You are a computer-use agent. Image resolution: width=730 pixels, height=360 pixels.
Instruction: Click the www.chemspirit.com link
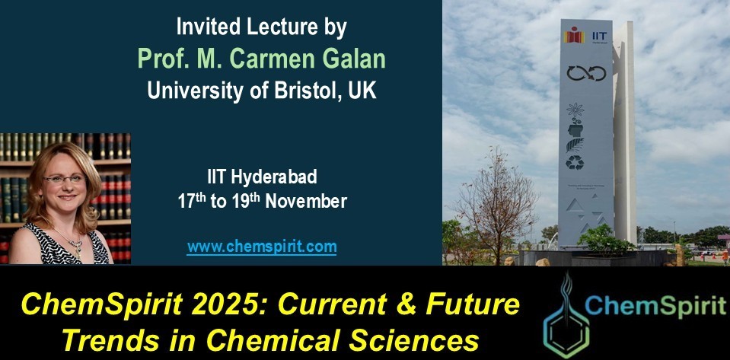(x=261, y=247)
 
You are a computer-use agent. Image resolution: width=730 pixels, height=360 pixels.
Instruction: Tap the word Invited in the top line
(x=205, y=27)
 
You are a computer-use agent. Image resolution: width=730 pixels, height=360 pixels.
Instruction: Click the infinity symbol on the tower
(x=585, y=73)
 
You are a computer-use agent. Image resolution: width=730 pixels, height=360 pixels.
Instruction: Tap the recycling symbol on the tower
(x=575, y=162)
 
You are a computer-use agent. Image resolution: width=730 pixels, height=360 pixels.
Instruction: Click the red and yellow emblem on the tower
(x=574, y=35)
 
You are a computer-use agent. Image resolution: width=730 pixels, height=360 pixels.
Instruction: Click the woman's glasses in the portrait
(x=65, y=180)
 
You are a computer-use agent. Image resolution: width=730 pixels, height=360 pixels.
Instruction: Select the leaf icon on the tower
(x=575, y=142)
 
